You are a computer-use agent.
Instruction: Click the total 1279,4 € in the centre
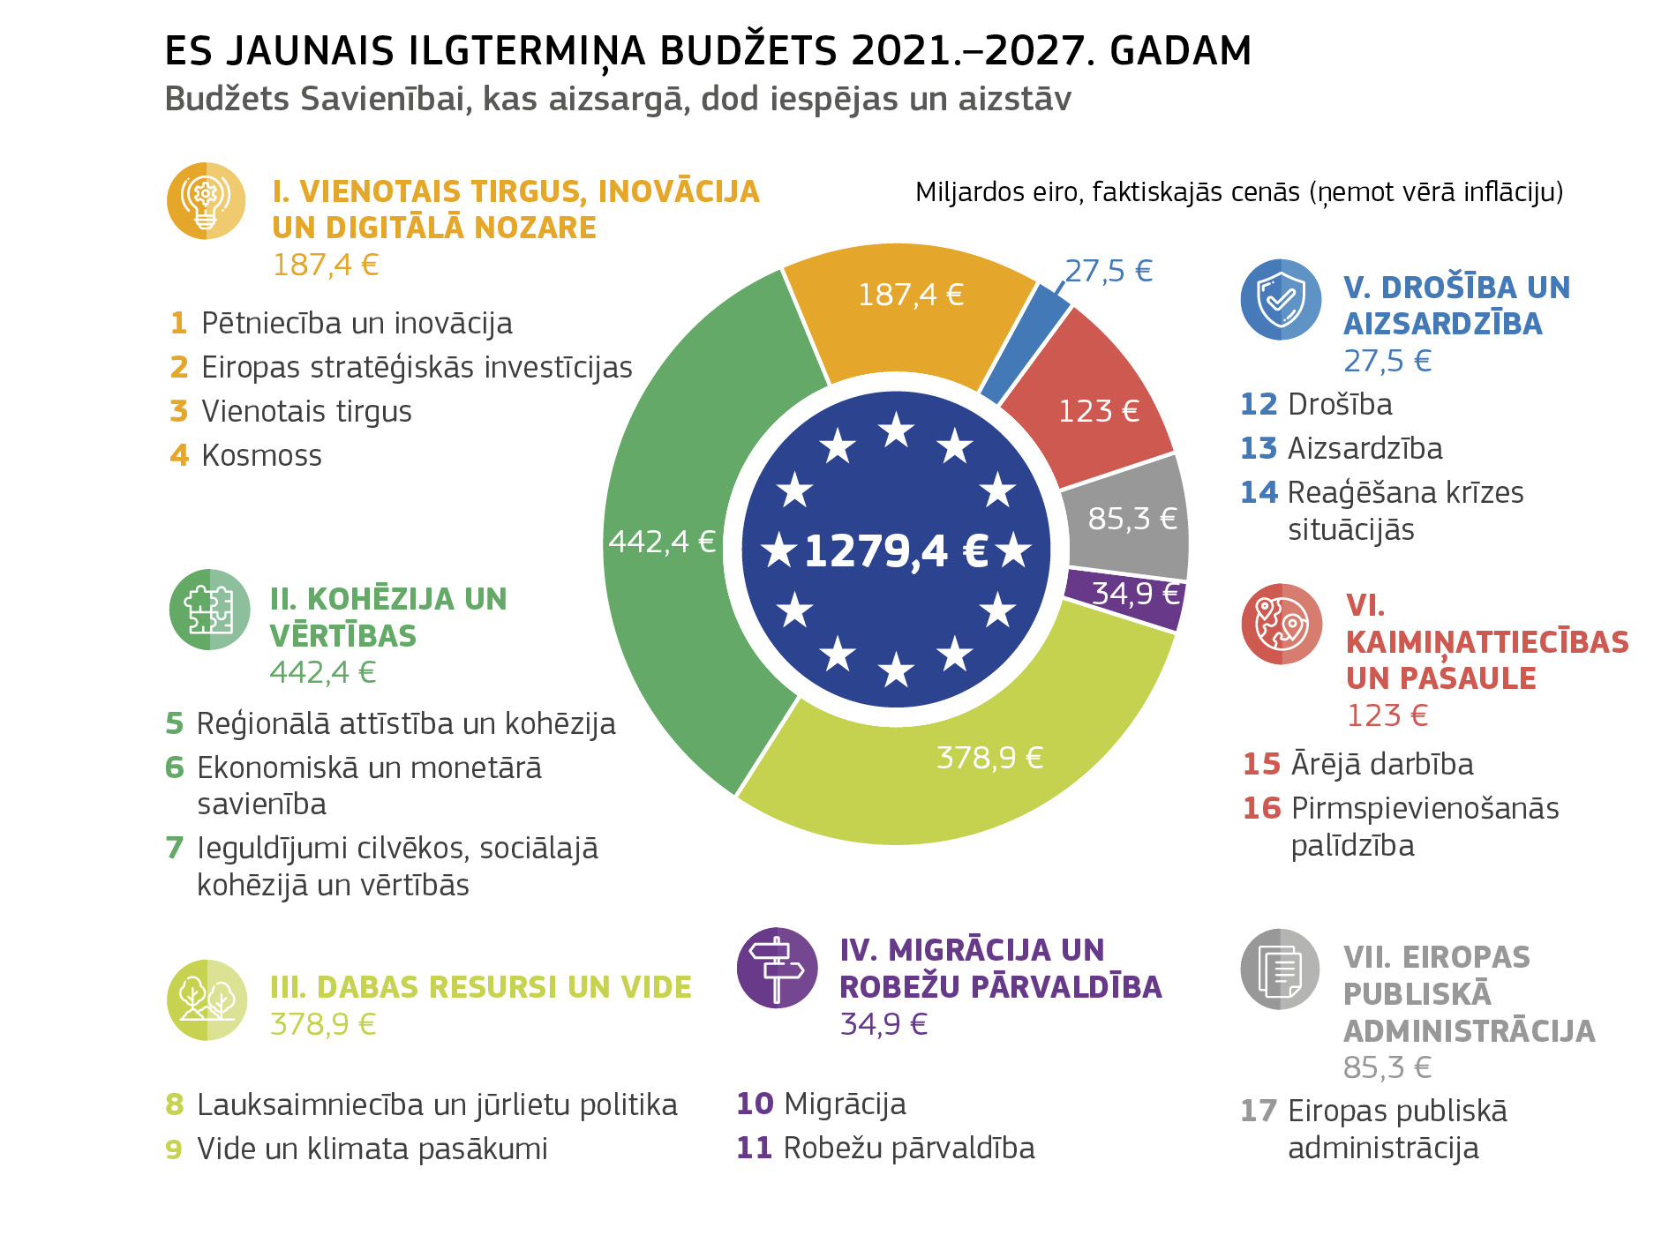[x=895, y=551]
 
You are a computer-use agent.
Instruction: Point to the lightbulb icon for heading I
[x=206, y=201]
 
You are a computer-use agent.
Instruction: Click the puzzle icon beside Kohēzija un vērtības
[x=209, y=610]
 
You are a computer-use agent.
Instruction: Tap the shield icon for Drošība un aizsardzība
[x=1280, y=299]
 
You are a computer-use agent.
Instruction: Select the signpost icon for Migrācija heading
[x=777, y=968]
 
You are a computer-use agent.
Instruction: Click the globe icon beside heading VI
[x=1281, y=624]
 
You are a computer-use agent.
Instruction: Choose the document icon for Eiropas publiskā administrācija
[x=1279, y=969]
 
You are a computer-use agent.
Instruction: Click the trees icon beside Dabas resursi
[x=207, y=999]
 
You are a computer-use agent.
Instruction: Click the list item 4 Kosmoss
[x=247, y=456]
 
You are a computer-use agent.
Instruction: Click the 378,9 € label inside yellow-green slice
[x=989, y=758]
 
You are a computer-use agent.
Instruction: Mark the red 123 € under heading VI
[x=1387, y=715]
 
